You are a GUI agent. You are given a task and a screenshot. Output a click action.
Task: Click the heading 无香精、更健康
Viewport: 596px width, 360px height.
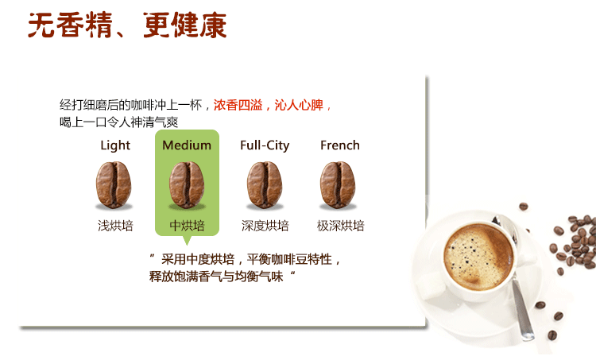tap(127, 25)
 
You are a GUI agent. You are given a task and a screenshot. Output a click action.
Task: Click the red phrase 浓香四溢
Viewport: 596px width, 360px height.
tap(238, 105)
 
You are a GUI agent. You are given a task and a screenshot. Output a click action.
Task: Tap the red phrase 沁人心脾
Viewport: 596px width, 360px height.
tap(299, 105)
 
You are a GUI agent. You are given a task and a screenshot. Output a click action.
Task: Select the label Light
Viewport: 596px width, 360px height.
tap(115, 145)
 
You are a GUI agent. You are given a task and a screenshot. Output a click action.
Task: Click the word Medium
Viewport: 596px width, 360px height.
tap(187, 145)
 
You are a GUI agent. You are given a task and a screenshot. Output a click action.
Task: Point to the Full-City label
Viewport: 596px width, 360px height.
tap(265, 145)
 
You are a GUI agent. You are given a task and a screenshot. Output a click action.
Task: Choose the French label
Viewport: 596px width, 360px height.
tap(340, 145)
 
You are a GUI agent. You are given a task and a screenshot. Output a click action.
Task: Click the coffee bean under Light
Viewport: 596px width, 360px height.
tap(114, 184)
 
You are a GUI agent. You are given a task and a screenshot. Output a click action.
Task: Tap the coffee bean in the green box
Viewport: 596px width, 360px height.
tap(187, 184)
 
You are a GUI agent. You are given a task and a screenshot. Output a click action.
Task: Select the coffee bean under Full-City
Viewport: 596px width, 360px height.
tap(265, 184)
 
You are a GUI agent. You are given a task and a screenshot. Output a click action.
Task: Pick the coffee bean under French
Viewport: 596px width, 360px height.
tap(338, 184)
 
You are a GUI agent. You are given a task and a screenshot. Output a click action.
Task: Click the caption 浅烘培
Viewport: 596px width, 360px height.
tap(115, 226)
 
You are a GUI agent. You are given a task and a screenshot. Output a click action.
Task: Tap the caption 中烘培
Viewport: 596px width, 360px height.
tap(187, 226)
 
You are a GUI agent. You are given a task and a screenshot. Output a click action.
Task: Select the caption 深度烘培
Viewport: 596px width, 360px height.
tap(265, 226)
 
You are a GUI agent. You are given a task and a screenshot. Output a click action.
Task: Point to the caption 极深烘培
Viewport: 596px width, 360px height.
tap(341, 226)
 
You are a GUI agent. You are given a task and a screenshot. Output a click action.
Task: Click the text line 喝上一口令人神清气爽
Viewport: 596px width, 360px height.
tap(118, 122)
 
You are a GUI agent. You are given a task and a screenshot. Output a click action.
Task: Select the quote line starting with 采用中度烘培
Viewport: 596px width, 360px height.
tap(246, 260)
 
